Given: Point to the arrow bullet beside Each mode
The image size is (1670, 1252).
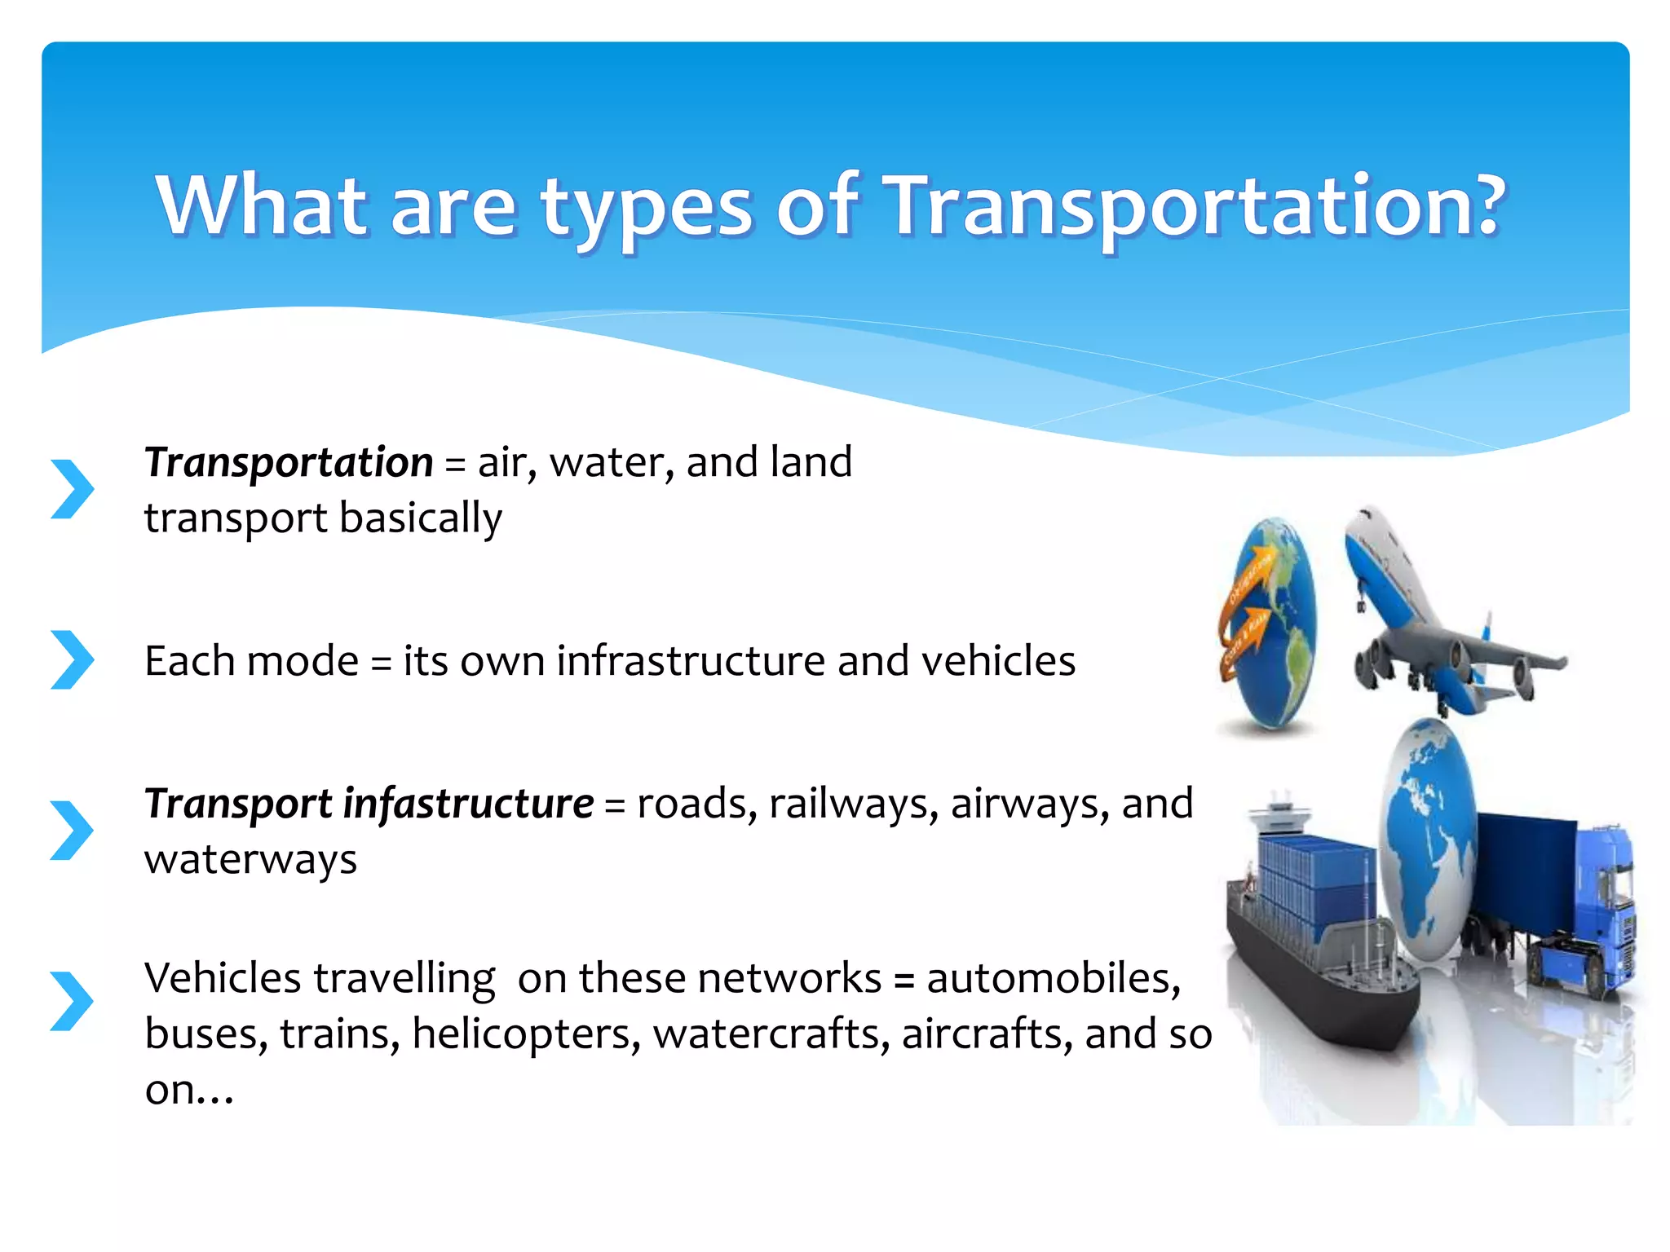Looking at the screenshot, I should [x=72, y=659].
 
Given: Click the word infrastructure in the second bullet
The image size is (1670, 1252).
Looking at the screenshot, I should [x=691, y=660].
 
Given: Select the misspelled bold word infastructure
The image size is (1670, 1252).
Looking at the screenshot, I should [x=468, y=804].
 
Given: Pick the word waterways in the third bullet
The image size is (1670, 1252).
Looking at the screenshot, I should [x=250, y=859].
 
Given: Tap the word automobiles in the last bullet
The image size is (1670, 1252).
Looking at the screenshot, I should [x=1053, y=977].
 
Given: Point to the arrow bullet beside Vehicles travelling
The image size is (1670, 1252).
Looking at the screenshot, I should [x=72, y=1001].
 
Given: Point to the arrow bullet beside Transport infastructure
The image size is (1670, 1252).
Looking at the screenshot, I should [x=72, y=830].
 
